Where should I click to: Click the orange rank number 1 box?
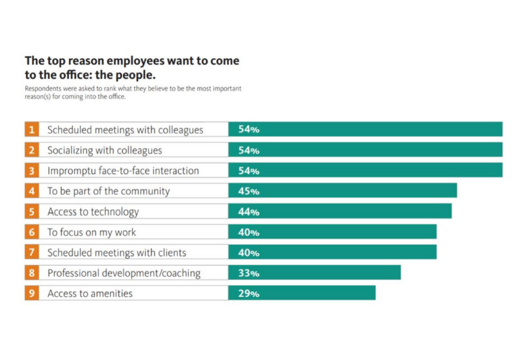32,130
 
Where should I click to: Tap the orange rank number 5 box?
32,212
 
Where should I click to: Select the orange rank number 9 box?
32,293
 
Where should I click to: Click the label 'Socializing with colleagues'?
104,151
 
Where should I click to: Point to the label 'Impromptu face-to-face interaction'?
123,171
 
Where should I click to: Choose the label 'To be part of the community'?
108,191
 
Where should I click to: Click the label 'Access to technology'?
93,212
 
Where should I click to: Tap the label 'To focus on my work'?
91,232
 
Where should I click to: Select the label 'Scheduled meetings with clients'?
117,253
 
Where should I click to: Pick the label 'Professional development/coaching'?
124,273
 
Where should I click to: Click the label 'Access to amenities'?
90,293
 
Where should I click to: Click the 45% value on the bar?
248,191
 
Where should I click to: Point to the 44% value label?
248,212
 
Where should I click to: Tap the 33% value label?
248,273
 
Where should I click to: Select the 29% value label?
248,293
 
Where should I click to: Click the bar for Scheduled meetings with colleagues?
365,130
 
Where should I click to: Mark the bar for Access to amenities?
302,293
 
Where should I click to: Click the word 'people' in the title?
134,73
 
